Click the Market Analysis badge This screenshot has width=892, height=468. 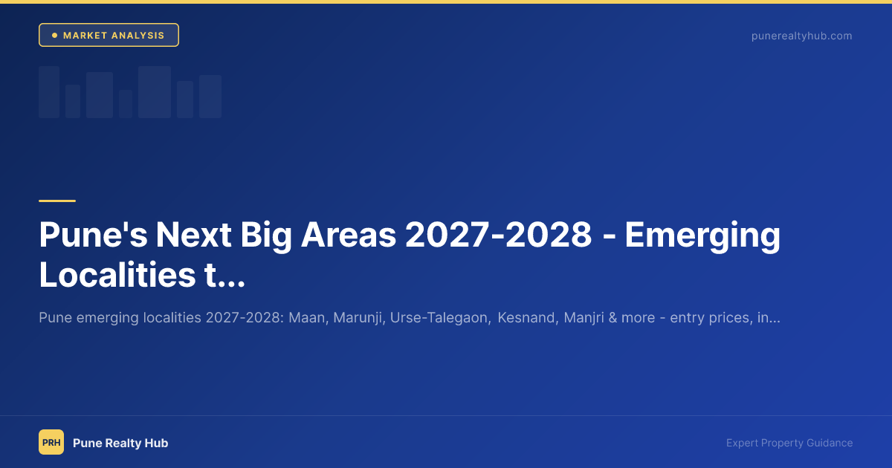pyautogui.click(x=109, y=36)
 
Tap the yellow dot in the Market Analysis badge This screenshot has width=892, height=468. pyautogui.click(x=54, y=36)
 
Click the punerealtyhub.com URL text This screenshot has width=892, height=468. pyautogui.click(x=801, y=36)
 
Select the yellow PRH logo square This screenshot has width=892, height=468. pyautogui.click(x=51, y=443)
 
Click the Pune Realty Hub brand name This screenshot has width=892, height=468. pyautogui.click(x=120, y=443)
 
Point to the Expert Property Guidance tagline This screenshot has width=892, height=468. pyautogui.click(x=789, y=443)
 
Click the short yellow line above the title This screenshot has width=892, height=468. pyautogui.click(x=57, y=201)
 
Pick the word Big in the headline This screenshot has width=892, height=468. pyautogui.click(x=270, y=236)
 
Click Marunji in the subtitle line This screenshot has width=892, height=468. pyautogui.click(x=356, y=318)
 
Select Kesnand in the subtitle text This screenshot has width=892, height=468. pyautogui.click(x=526, y=318)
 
